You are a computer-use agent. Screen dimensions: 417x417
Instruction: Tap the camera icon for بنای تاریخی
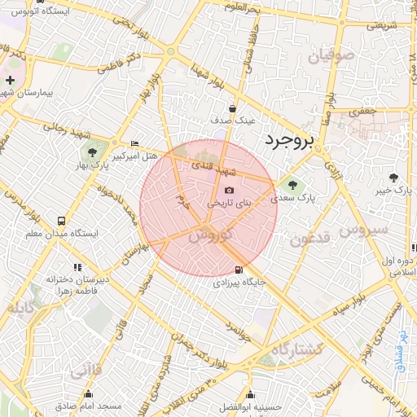coord(229,190)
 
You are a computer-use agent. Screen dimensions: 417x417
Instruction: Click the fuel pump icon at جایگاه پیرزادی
coord(238,270)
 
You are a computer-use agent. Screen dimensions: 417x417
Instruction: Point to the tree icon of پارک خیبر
coord(395,177)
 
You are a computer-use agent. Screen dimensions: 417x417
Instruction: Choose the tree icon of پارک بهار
coord(91,152)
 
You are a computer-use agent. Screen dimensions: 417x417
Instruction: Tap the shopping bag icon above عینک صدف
coord(233,108)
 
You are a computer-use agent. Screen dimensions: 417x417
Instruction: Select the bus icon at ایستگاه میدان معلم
coord(62,221)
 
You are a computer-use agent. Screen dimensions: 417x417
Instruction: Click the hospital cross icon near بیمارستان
coord(10,81)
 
